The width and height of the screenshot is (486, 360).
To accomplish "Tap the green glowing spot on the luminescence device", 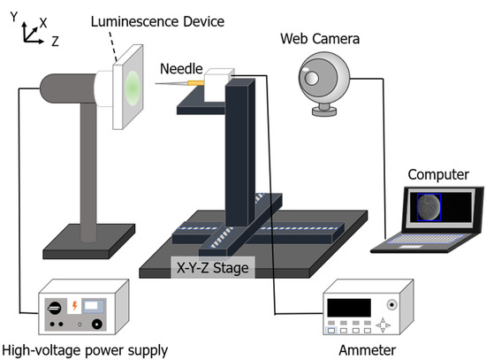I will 131,87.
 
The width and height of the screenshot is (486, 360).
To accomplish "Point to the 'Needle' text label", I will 180,69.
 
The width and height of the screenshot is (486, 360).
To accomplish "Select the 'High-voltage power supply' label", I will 85,350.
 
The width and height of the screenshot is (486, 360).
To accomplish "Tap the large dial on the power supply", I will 52,309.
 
